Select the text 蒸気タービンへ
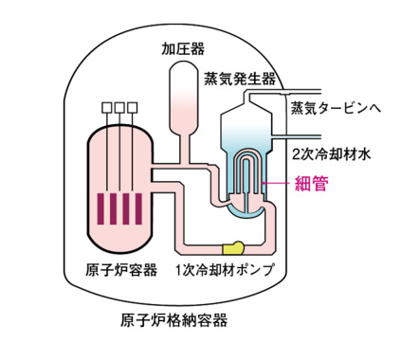pyautogui.click(x=335, y=108)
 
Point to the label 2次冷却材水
pyautogui.click(x=330, y=152)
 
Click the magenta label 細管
pyautogui.click(x=313, y=184)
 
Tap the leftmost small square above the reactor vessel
pyautogui.click(x=102, y=107)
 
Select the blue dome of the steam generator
pyautogui.click(x=246, y=128)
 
